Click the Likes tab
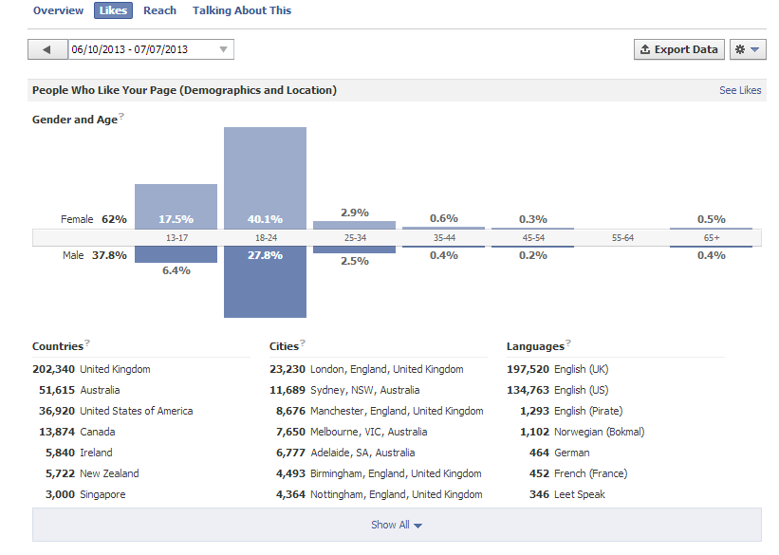113,10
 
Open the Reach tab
159,10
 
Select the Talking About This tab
241,10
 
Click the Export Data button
679,49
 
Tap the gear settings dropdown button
748,49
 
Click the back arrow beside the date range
47,49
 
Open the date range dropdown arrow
224,49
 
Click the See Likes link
740,90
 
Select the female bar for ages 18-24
266,177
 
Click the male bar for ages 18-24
266,282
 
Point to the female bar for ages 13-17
176,207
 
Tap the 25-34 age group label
355,238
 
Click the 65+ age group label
712,238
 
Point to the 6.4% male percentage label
176,270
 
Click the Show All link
396,525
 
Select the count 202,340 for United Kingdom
54,369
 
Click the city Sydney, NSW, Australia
364,390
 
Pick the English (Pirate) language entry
588,411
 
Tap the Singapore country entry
102,494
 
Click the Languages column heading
535,346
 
